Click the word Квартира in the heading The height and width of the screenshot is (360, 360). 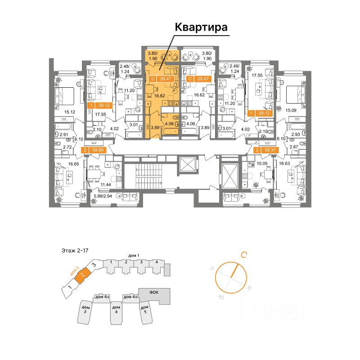pos(201,27)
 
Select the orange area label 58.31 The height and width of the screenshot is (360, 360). pos(265,150)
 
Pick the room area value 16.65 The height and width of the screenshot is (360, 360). pos(61,165)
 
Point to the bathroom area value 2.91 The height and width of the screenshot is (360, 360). pos(66,135)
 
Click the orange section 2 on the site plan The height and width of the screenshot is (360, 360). pos(82,274)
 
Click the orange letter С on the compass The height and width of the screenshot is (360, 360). pos(243,255)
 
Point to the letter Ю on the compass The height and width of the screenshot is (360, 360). pos(220,297)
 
